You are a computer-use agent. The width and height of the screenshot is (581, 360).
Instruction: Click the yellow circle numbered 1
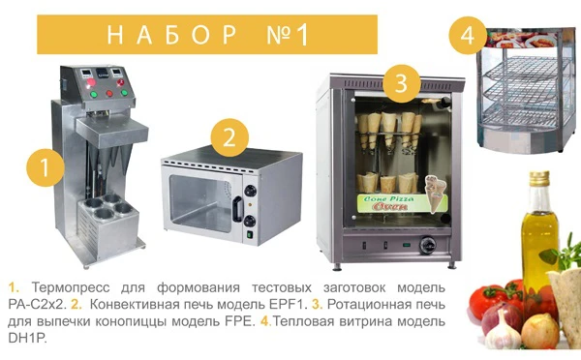click(45, 167)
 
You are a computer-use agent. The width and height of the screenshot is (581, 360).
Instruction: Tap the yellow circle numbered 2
click(229, 137)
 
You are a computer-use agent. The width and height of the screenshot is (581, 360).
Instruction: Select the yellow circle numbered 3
click(401, 83)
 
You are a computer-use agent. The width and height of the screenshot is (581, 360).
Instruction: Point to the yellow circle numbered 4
click(468, 36)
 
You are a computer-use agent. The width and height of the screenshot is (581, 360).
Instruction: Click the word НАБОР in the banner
click(172, 35)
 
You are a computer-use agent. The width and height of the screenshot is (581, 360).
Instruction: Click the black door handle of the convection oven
click(237, 209)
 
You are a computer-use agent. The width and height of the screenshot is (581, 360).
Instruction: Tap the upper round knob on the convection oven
click(251, 191)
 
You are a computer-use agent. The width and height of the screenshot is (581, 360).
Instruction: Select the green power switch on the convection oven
click(250, 234)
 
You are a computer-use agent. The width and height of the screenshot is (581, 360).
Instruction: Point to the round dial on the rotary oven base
click(427, 245)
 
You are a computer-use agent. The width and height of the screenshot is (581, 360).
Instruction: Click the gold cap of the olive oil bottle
click(539, 178)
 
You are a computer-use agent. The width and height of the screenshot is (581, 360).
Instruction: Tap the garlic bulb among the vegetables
click(503, 331)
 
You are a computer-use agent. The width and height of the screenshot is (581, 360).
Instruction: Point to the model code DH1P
click(27, 338)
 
